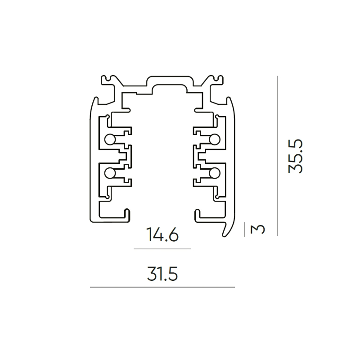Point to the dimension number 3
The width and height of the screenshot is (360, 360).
pyautogui.click(x=258, y=229)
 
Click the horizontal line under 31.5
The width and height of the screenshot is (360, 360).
pyautogui.click(x=162, y=287)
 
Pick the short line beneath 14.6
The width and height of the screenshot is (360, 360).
pyautogui.click(x=162, y=248)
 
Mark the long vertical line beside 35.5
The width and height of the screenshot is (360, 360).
pyautogui.click(x=278, y=156)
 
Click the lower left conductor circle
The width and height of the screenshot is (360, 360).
pyautogui.click(x=109, y=172)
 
